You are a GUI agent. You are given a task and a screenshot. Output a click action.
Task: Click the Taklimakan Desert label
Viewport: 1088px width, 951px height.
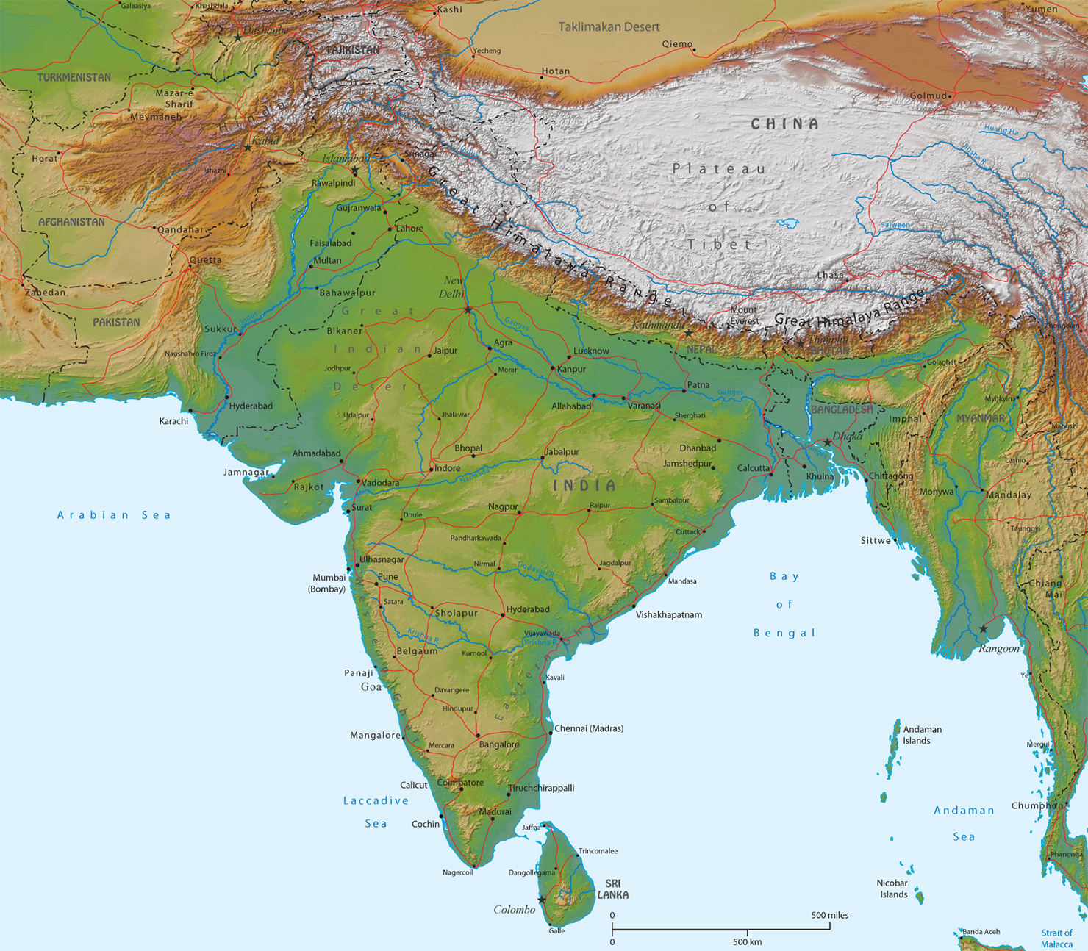609,27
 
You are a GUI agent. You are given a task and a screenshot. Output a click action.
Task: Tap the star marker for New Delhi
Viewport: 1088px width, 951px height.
468,310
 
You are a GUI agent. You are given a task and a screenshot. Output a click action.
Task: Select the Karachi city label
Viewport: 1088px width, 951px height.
173,421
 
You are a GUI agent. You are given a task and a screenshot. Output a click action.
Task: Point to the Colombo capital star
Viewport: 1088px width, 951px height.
542,900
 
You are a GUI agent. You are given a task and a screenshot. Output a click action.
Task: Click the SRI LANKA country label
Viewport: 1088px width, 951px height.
612,889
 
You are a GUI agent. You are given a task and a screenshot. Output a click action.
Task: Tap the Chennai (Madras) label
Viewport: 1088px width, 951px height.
589,728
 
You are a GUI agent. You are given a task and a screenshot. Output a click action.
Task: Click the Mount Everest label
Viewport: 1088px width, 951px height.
744,315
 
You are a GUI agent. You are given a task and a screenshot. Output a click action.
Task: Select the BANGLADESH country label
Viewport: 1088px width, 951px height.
842,409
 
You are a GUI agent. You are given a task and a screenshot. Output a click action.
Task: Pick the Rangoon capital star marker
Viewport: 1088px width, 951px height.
984,629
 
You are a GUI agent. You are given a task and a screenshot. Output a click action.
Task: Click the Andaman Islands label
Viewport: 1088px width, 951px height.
921,735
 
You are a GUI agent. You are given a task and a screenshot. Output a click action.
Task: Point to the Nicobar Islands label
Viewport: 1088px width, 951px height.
892,889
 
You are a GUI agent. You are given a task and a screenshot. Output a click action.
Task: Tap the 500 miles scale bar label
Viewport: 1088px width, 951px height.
829,915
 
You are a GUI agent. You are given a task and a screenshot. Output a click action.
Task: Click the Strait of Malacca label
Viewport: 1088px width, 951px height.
1056,939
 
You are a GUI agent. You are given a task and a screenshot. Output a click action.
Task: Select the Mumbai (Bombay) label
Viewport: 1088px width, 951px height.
328,583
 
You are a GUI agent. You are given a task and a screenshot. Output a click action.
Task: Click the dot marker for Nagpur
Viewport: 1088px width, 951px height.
519,513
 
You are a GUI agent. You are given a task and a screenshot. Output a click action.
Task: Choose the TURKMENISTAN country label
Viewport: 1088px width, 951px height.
74,77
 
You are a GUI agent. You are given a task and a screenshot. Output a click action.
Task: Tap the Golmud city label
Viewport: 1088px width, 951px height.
928,96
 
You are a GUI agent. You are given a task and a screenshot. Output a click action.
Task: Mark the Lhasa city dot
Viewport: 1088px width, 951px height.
846,280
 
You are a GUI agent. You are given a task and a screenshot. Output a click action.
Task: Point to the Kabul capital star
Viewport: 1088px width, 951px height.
248,148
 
